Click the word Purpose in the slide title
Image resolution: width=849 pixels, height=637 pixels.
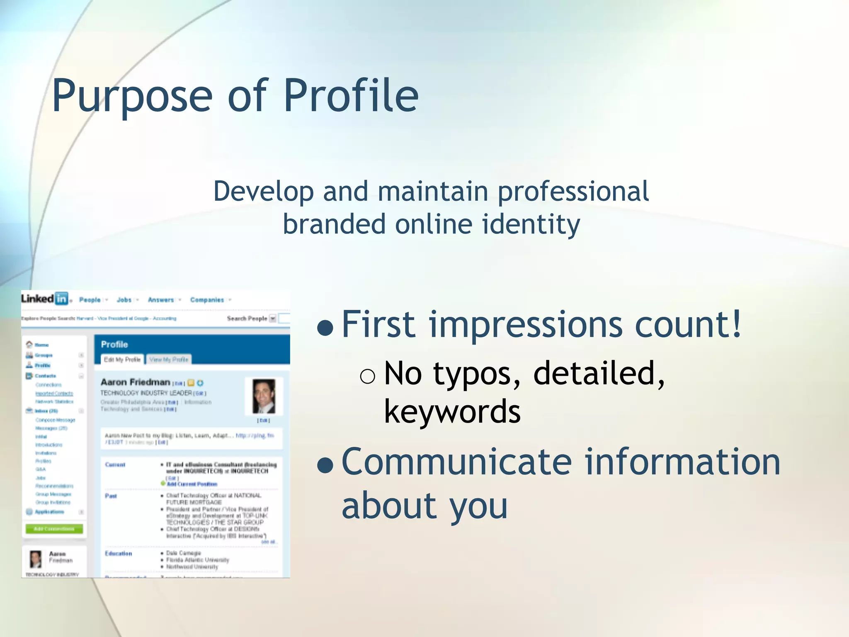tap(132, 96)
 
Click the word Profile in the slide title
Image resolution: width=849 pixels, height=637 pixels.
tap(351, 96)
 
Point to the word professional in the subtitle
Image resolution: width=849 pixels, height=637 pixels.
tap(573, 192)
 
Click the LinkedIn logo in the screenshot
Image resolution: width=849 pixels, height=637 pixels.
tap(44, 299)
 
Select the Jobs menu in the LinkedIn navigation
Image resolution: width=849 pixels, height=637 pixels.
tap(124, 300)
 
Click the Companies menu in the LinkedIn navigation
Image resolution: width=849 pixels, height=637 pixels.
tap(207, 300)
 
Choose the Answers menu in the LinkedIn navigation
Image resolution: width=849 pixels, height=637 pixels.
tap(161, 300)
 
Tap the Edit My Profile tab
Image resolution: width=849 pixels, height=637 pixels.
tap(122, 360)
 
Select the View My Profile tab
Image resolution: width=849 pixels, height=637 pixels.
tap(169, 360)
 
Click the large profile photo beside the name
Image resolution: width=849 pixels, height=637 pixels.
tap(264, 396)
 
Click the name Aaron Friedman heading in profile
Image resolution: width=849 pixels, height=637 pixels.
tap(136, 382)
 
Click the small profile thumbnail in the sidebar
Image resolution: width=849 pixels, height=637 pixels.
tap(36, 559)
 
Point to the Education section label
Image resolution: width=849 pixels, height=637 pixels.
tap(119, 554)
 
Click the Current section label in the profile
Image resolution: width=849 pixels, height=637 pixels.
tap(115, 465)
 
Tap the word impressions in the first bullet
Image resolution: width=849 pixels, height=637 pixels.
tap(525, 325)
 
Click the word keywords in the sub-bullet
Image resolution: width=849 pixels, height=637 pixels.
tap(452, 412)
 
